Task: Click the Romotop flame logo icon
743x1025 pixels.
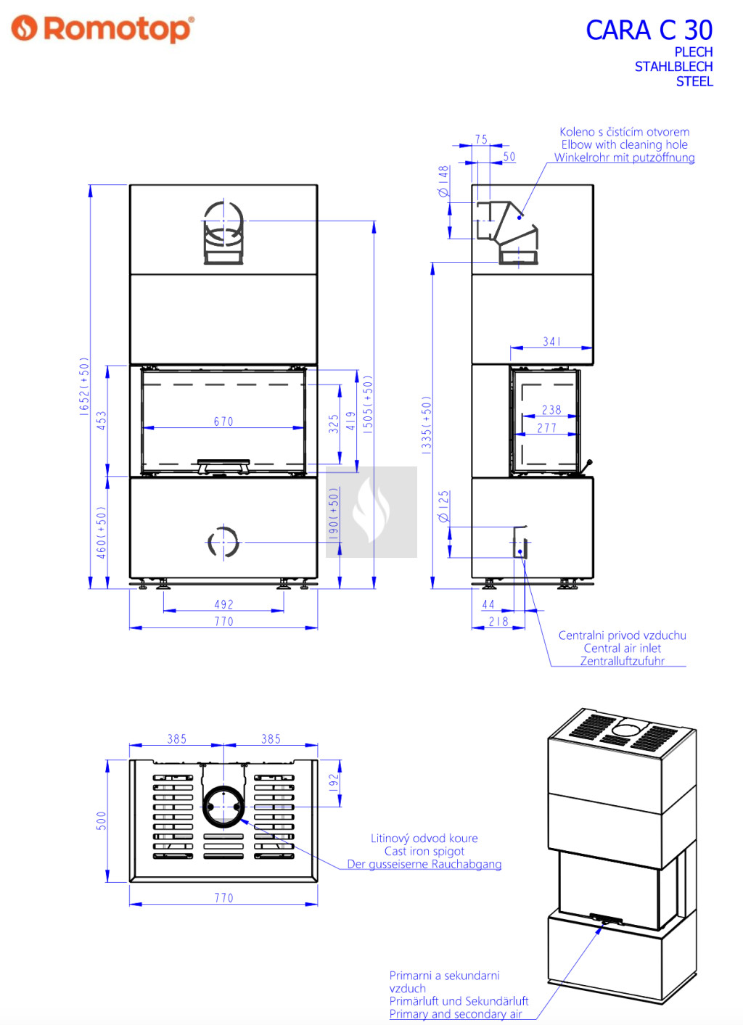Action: click(x=24, y=28)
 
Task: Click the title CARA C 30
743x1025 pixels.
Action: click(x=649, y=30)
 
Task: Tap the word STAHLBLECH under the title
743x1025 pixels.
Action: click(x=673, y=67)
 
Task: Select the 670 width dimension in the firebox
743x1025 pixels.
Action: click(x=223, y=421)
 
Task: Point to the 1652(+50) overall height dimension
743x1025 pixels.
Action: click(x=84, y=387)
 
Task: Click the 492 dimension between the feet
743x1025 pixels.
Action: click(x=224, y=604)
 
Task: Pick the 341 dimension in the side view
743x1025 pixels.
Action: click(x=551, y=342)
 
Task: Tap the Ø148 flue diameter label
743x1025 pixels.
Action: click(x=443, y=181)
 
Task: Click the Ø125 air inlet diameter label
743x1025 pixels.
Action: click(x=443, y=506)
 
